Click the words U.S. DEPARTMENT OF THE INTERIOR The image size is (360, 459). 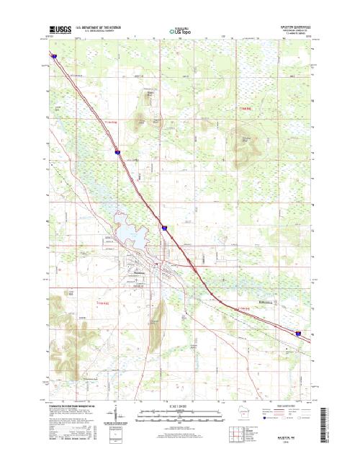[x=103, y=27]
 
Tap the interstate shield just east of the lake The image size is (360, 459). [x=164, y=228]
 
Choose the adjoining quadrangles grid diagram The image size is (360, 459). [x=235, y=434]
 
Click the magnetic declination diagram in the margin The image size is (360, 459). [x=117, y=417]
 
